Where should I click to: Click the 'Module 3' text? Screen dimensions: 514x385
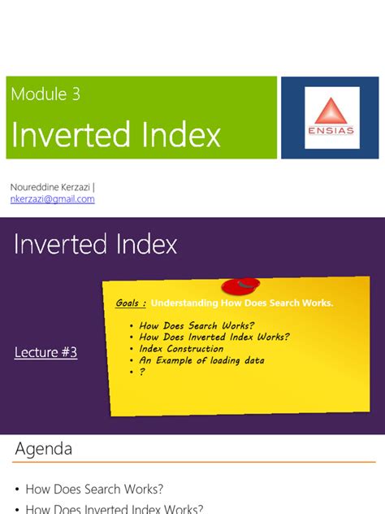coord(45,94)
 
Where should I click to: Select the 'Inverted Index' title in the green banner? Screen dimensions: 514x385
coord(116,135)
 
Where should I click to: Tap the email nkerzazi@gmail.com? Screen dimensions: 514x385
coord(52,198)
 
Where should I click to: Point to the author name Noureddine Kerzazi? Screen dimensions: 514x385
coord(50,187)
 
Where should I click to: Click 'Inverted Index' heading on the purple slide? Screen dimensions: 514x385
coord(96,244)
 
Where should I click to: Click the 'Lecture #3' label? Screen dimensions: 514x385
coord(46,352)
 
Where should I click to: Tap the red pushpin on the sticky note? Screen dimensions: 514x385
coord(241,285)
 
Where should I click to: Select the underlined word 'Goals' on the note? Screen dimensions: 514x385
coord(130,303)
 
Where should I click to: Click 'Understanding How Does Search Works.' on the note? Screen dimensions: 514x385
coord(242,303)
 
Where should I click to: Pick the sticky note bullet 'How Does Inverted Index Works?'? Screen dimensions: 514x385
coord(214,337)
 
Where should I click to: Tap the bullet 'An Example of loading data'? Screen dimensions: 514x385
coord(201,359)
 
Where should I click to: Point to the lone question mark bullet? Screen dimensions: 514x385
coord(142,372)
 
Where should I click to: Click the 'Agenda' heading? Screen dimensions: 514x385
coord(44,448)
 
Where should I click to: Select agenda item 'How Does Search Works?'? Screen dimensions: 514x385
coord(94,489)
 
